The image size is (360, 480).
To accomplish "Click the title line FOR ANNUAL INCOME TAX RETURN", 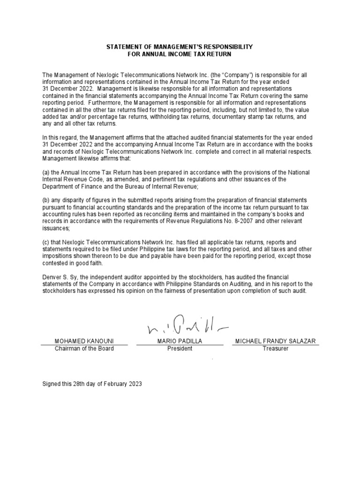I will [x=180, y=54].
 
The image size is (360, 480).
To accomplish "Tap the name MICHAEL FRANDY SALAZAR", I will [x=275, y=341].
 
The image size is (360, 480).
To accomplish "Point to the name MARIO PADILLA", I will [x=180, y=341].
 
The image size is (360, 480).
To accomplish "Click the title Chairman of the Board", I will [x=84, y=349].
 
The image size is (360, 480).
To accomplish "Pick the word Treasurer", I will [x=275, y=349].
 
